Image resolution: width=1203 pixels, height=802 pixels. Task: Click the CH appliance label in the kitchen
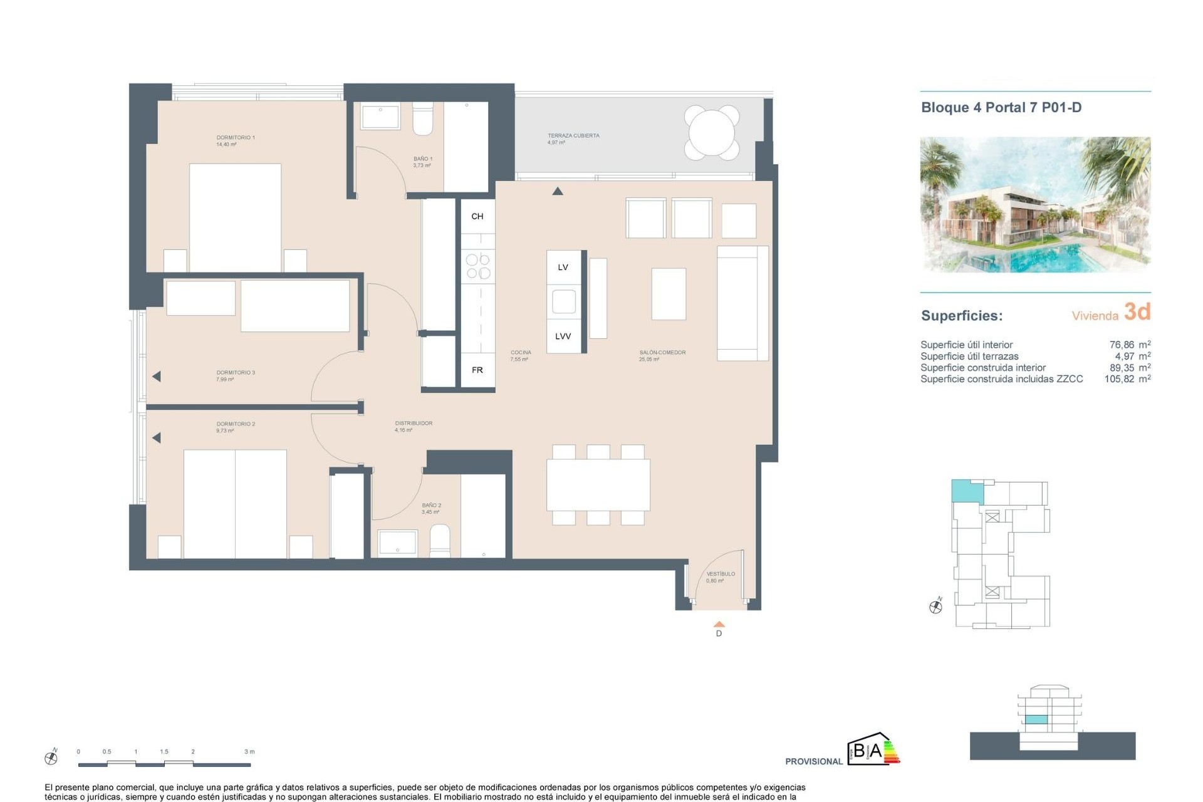click(x=477, y=216)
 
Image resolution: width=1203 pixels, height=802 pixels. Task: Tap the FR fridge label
click(x=477, y=370)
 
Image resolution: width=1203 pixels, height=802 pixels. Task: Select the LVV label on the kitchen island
click(x=563, y=336)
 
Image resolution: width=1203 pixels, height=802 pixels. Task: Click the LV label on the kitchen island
click(x=563, y=268)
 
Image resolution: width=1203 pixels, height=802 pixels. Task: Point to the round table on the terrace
click(x=711, y=133)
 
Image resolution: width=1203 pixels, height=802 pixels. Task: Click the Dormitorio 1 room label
click(x=235, y=138)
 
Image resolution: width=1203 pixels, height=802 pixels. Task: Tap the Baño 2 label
click(x=431, y=506)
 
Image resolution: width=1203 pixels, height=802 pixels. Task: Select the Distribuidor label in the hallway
click(x=414, y=424)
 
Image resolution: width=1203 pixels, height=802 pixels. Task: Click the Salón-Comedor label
click(x=662, y=353)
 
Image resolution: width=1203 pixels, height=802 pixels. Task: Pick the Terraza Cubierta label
click(x=573, y=136)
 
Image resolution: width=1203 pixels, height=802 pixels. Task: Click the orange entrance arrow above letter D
click(x=719, y=624)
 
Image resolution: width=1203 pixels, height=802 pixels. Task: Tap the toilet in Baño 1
click(x=422, y=120)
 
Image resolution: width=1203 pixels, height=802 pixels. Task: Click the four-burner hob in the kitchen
click(x=478, y=266)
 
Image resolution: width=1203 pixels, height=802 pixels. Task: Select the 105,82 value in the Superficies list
click(x=1119, y=379)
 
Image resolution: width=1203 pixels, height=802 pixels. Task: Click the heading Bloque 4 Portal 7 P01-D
click(x=1001, y=108)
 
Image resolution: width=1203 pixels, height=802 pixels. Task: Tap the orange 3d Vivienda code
click(x=1137, y=311)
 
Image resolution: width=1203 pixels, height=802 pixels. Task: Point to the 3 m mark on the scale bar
click(x=249, y=752)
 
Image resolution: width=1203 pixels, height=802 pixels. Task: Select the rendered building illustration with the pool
click(x=1034, y=204)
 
